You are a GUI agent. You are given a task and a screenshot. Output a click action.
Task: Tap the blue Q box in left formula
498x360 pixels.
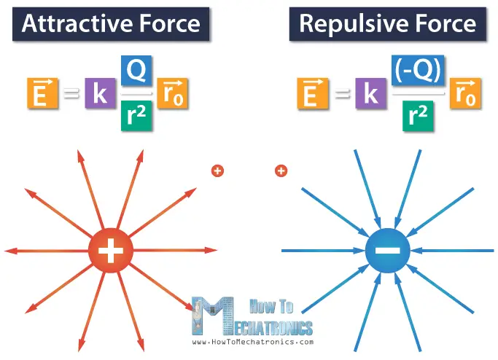[x=136, y=71]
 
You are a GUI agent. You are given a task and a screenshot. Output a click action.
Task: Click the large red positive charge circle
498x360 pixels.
[x=110, y=251]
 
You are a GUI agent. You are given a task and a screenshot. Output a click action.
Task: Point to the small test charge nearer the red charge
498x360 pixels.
[x=217, y=171]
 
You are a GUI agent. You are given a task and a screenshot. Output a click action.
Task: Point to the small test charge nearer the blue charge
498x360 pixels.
[x=281, y=171]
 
